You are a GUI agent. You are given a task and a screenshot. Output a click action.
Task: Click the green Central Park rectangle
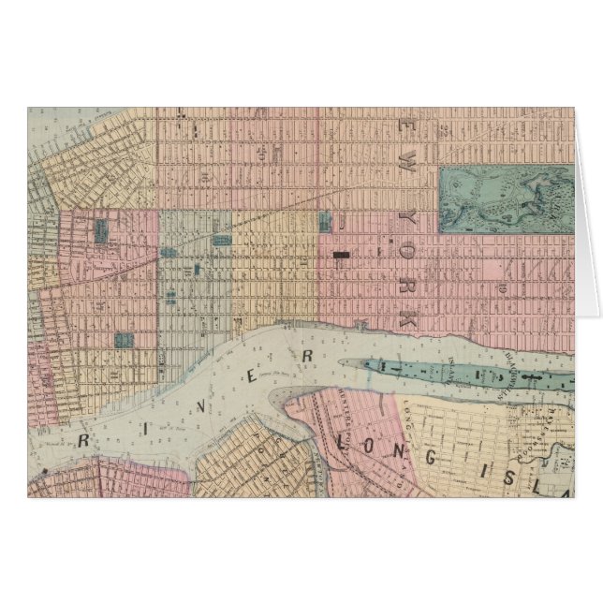505,199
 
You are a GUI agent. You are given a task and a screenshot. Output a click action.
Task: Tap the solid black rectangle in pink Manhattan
342,253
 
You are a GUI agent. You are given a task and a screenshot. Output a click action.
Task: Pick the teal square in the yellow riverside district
325,222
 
